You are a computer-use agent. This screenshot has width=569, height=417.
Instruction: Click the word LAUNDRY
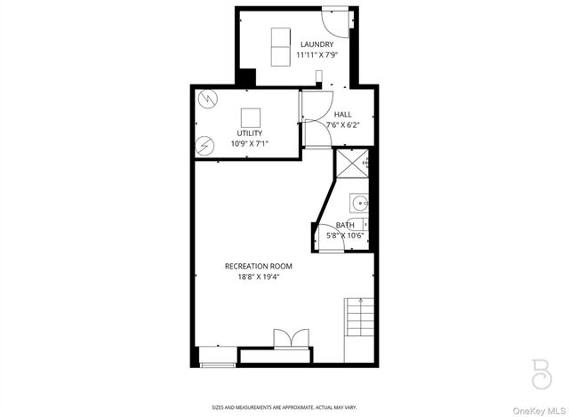[x=317, y=44]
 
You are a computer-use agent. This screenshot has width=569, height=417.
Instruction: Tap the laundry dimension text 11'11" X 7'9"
[x=317, y=55]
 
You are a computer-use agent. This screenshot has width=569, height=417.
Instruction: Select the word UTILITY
[x=249, y=133]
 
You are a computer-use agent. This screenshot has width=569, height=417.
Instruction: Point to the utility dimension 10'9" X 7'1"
[x=249, y=143]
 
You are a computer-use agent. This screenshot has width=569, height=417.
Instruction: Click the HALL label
[x=342, y=115]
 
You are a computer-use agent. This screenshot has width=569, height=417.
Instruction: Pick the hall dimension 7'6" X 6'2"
[x=342, y=125]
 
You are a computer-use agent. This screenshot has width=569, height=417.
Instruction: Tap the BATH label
[x=344, y=225]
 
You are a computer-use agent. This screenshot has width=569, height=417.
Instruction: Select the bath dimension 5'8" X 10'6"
[x=345, y=236]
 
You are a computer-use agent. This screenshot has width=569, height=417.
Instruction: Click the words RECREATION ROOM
[x=258, y=266]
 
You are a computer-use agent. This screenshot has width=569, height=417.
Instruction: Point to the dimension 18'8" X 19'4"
[x=258, y=277]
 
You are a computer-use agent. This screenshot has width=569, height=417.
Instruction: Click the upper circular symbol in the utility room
[x=208, y=98]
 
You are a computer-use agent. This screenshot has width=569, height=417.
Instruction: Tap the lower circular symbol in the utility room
[x=206, y=144]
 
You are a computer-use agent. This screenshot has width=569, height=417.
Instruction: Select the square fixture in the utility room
[x=251, y=116]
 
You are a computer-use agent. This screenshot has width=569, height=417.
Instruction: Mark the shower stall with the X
[x=349, y=164]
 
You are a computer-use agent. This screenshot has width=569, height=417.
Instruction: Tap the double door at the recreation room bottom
[x=291, y=339]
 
